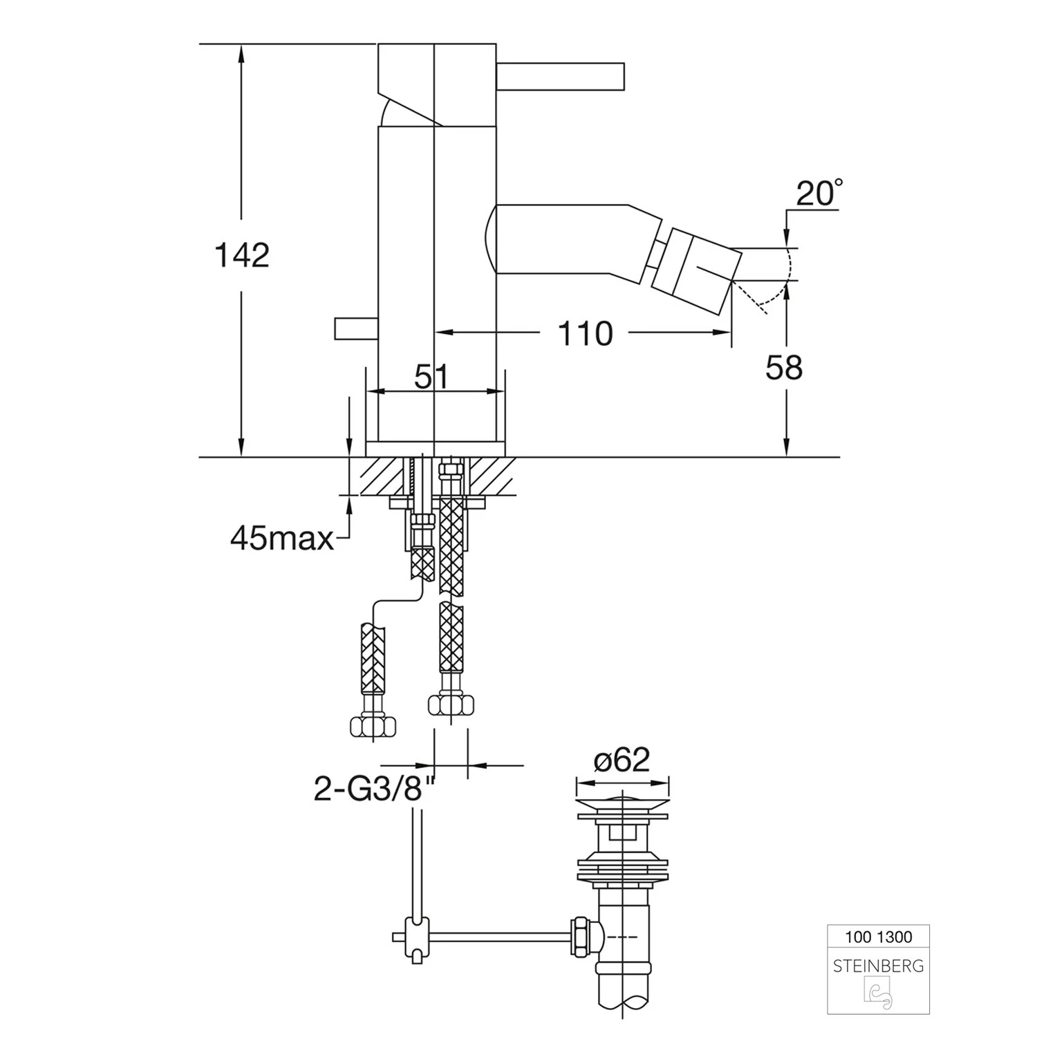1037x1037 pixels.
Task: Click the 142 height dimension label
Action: click(x=242, y=255)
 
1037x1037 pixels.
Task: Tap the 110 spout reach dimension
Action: click(x=585, y=334)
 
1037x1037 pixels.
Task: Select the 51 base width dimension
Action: click(x=431, y=377)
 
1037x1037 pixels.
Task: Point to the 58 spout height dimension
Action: click(x=784, y=368)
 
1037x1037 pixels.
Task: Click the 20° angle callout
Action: click(x=819, y=193)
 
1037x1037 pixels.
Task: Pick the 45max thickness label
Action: click(x=282, y=538)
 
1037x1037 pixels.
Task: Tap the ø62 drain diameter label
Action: click(x=622, y=760)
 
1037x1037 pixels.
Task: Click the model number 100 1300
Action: click(x=879, y=937)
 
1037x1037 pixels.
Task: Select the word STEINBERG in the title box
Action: click(x=879, y=966)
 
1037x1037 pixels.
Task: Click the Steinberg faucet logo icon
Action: click(x=878, y=994)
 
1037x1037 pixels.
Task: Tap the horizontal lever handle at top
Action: click(x=561, y=76)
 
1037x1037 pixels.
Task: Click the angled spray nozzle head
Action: click(x=698, y=267)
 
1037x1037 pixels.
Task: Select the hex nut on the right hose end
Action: click(x=451, y=706)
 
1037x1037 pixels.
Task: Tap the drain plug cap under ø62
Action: click(x=623, y=806)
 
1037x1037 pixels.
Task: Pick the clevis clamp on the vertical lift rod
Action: click(x=417, y=937)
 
